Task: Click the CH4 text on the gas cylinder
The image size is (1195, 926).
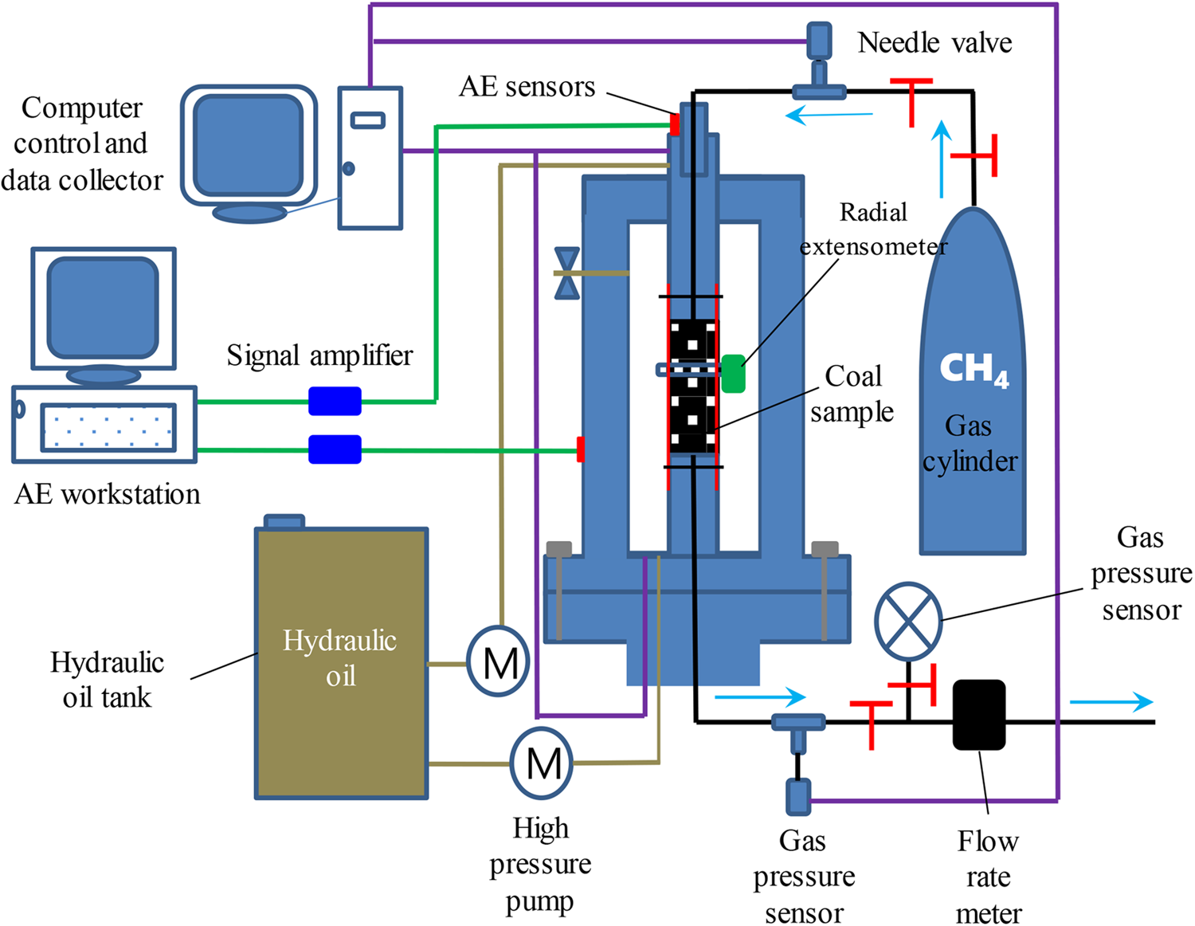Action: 974,369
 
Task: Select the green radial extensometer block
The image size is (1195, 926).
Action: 733,374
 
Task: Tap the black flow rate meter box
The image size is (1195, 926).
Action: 979,715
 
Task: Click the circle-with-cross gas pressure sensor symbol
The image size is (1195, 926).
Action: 908,622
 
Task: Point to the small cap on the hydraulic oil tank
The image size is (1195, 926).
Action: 284,522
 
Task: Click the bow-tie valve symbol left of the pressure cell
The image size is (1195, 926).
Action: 567,273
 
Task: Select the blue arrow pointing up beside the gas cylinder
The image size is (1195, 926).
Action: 942,159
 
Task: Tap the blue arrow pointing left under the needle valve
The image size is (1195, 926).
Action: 829,116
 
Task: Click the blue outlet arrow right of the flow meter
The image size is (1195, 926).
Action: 1111,701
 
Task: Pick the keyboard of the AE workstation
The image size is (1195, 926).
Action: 108,427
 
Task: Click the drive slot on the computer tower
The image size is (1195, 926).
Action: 367,120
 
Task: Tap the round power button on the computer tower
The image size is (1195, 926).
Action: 348,168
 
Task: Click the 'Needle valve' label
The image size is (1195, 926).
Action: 934,42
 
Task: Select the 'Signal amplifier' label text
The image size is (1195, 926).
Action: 319,355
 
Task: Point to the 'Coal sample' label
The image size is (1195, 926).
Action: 852,394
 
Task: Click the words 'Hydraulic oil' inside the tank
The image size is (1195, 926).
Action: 340,658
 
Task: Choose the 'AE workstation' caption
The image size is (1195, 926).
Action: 108,494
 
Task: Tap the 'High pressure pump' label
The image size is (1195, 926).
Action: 540,864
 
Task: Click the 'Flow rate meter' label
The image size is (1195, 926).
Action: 988,877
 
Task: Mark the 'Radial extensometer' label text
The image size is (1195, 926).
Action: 874,230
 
